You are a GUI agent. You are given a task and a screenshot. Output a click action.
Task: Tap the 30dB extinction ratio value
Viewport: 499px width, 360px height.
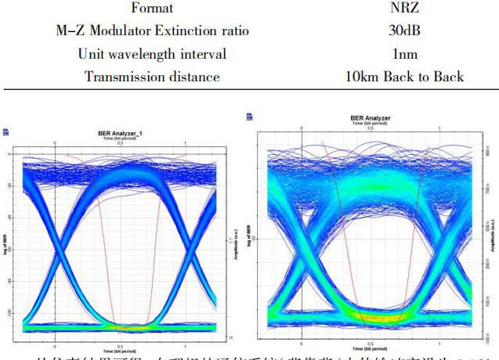click(x=404, y=31)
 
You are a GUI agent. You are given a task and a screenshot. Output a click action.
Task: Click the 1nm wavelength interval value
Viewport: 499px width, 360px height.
click(x=404, y=54)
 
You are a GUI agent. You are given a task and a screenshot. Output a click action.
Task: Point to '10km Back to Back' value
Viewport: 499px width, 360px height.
click(x=404, y=77)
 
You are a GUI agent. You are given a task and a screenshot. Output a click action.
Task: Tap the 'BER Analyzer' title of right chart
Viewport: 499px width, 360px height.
click(x=371, y=118)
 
